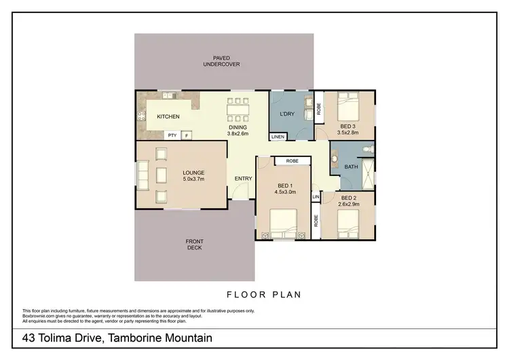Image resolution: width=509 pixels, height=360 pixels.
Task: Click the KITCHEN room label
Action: coord(168,117)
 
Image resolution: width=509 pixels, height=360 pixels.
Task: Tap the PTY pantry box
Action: coord(173,135)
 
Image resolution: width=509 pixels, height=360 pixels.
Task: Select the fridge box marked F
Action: coord(187,135)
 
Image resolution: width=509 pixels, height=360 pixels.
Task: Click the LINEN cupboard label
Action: coord(278,137)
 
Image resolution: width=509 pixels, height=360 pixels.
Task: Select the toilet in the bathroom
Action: coord(366,147)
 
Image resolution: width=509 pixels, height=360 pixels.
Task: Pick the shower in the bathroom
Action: coord(367,173)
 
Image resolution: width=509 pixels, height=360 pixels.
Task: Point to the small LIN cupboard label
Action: coord(316,197)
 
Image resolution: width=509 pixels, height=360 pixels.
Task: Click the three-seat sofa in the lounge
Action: coord(143,176)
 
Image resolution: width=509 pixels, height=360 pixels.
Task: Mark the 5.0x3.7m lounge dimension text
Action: coord(193,179)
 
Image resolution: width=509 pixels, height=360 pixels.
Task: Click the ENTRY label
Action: coord(243,179)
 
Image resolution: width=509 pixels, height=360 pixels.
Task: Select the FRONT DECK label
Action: coord(194,245)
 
